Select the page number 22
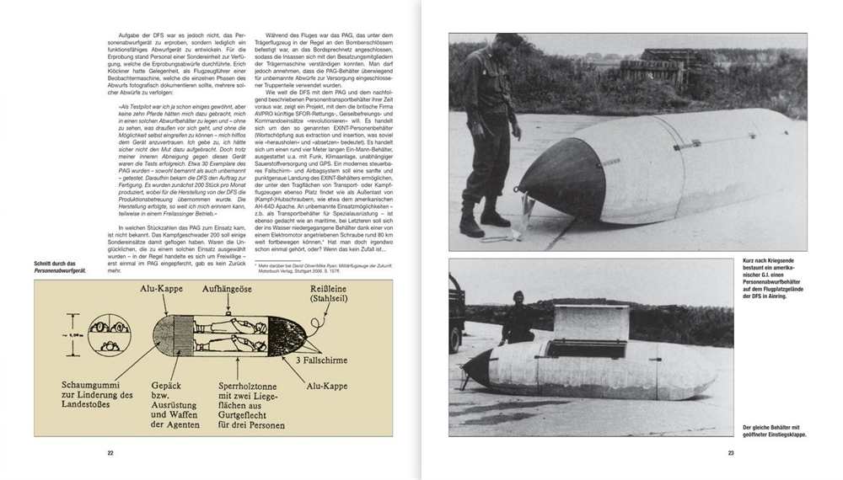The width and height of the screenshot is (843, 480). tap(110, 454)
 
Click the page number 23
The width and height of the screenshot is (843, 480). tap(731, 454)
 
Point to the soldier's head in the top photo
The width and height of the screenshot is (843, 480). tap(509, 41)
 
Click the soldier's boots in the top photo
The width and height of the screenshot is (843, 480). tap(482, 221)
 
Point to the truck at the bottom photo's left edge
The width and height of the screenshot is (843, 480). tap(455, 312)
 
